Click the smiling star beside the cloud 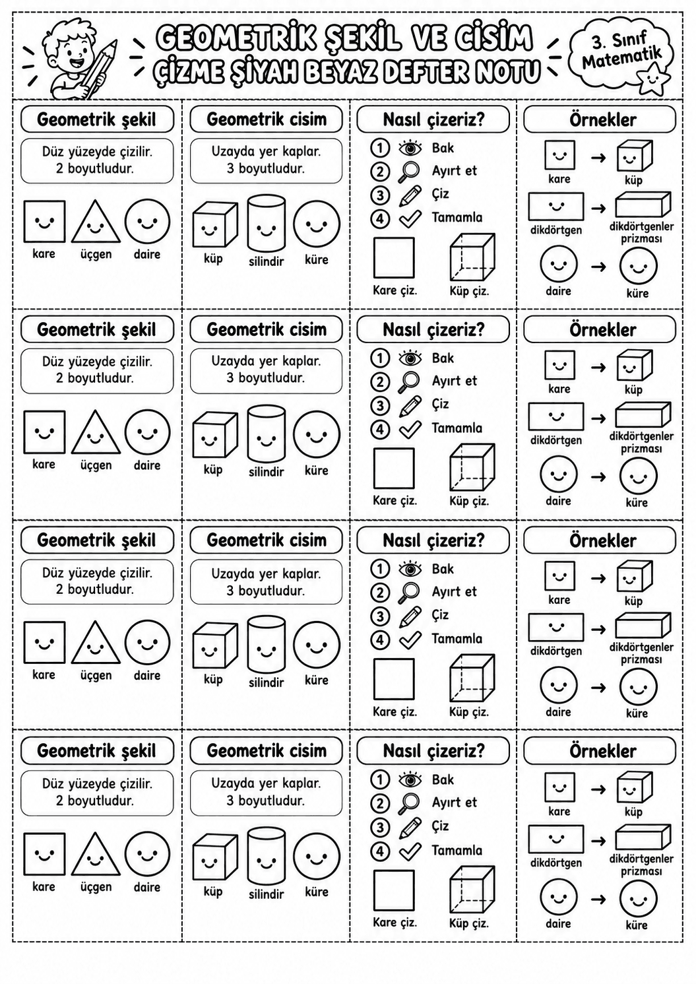tap(653, 79)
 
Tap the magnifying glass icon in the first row tap(408, 172)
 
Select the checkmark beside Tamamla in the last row tap(410, 851)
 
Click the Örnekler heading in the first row tap(603, 119)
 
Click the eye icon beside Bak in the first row tap(410, 148)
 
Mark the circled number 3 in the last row tap(380, 828)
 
